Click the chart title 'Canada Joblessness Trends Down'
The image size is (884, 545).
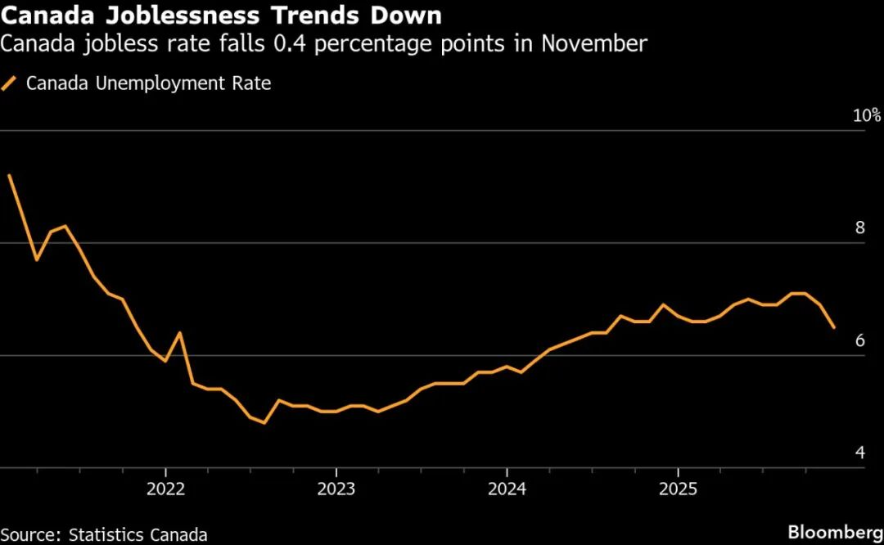(221, 15)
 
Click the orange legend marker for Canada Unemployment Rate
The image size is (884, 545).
(10, 83)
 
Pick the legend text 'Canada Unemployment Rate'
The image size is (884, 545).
(148, 83)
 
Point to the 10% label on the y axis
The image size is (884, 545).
(867, 115)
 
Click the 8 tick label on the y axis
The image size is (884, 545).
(859, 227)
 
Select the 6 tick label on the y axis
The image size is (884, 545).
(859, 340)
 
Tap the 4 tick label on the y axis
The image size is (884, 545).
(859, 453)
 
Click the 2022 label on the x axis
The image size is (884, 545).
(165, 489)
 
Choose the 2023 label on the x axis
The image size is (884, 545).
(336, 489)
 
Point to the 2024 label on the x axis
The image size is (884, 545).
(507, 489)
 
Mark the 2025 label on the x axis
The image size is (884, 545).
(678, 489)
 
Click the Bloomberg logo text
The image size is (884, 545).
(835, 532)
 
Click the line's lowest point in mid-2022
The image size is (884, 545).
(264, 422)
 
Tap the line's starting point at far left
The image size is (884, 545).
(8, 175)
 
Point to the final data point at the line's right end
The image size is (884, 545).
(834, 327)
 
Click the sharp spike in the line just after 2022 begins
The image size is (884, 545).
(179, 332)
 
